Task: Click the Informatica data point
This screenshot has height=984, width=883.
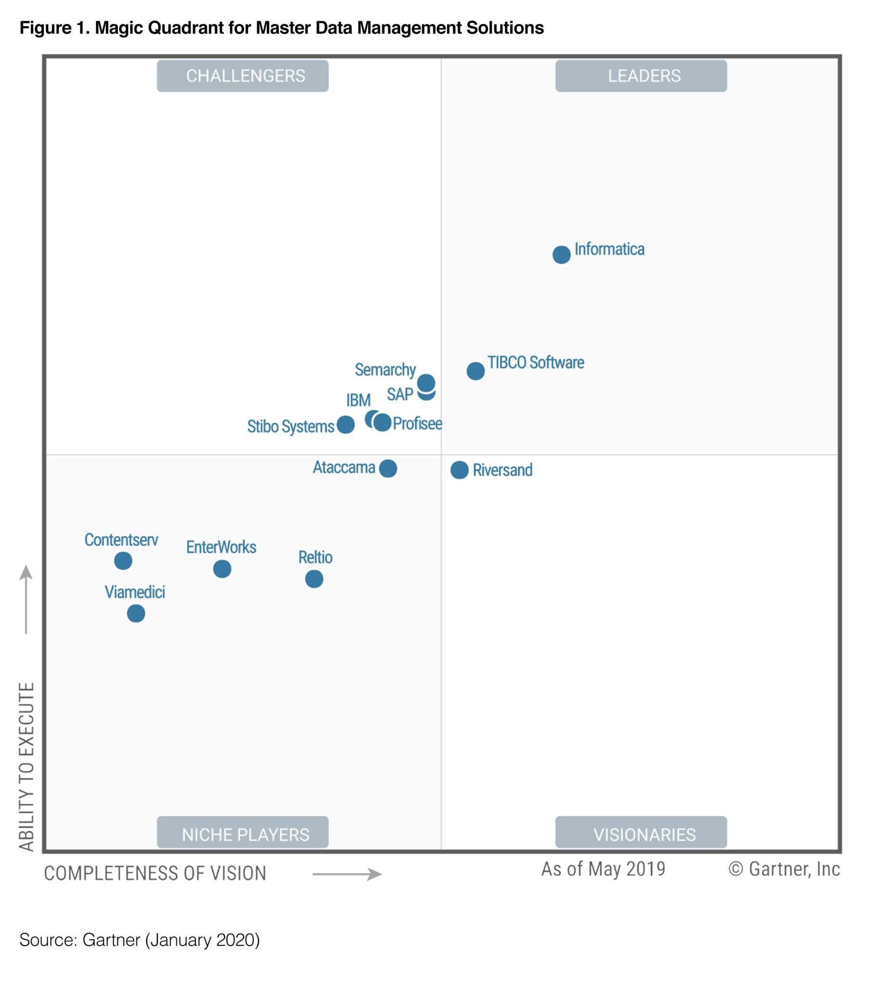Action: point(561,255)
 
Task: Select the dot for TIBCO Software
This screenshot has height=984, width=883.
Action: point(475,371)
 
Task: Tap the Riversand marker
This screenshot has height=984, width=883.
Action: point(460,470)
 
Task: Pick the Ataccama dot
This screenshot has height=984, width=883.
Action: point(388,468)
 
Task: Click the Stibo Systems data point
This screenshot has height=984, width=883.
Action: point(346,425)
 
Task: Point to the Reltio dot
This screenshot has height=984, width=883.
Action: point(314,579)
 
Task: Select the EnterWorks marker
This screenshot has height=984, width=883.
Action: point(222,569)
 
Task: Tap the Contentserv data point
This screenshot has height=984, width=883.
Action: point(123,561)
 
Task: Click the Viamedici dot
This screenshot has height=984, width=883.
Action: point(136,614)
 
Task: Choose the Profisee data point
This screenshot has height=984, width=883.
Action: point(383,422)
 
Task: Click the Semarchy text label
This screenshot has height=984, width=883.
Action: point(385,370)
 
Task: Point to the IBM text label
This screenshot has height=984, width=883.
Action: point(359,401)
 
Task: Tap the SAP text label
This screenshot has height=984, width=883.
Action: point(400,395)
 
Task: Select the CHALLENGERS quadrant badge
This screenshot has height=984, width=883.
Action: point(243,76)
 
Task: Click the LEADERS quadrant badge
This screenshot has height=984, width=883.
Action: point(641,76)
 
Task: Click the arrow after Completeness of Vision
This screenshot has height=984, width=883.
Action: point(347,874)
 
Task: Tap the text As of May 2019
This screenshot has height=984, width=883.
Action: point(603,869)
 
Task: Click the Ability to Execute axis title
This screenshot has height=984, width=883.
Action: point(27,766)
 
